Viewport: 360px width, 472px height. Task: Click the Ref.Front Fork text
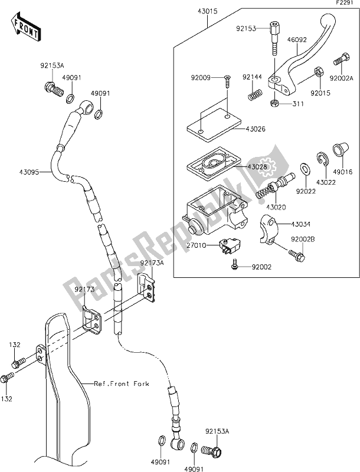(x=122, y=383)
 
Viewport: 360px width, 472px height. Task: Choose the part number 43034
(x=300, y=224)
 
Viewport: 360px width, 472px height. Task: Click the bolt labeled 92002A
(x=340, y=60)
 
